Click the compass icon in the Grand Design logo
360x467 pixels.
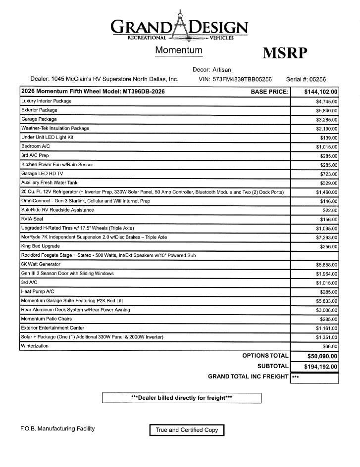click(180, 28)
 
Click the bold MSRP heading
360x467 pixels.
click(285, 53)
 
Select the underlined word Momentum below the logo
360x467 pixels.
click(179, 50)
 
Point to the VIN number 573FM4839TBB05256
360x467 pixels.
click(242, 79)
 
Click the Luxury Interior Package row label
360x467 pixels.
click(46, 101)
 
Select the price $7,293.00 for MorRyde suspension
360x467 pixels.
click(327, 237)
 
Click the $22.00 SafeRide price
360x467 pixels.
click(330, 210)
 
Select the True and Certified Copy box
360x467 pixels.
click(187, 430)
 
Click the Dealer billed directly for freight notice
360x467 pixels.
click(181, 398)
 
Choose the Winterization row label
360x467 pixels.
click(35, 346)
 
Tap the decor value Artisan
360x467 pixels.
click(221, 70)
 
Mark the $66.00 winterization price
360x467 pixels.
click(330, 346)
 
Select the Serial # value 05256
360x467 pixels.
click(316, 79)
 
